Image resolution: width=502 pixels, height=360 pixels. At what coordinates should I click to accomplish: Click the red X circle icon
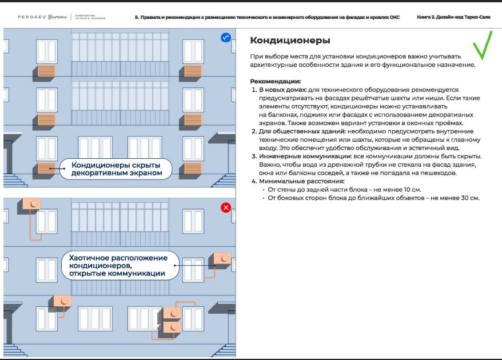click(225, 207)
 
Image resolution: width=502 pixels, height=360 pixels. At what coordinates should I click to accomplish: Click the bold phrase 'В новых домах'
click(282, 90)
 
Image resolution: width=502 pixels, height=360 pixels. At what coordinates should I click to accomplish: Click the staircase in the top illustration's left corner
click(13, 166)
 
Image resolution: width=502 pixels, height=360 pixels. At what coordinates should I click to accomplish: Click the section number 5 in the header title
click(136, 18)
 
